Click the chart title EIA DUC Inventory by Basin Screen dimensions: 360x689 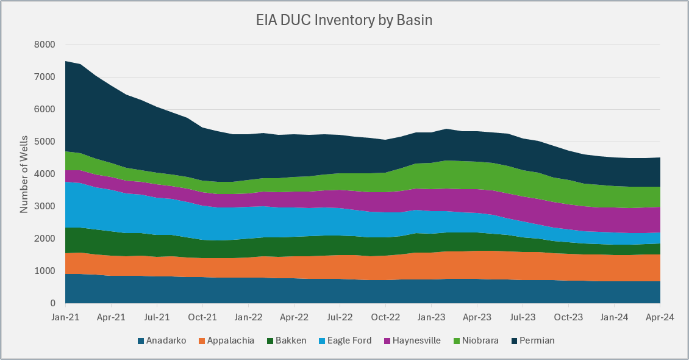coord(344,20)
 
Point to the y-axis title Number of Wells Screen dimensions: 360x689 coord(24,174)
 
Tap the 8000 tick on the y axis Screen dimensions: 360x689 coord(45,45)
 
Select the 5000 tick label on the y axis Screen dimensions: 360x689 coord(45,142)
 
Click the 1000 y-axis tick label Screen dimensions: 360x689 coord(45,271)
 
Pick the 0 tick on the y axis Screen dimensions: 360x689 coord(52,303)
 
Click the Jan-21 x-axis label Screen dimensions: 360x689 coord(65,317)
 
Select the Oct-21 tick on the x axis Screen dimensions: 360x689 coord(202,317)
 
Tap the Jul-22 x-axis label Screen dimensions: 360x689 coord(340,317)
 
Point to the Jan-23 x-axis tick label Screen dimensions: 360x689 coord(431,317)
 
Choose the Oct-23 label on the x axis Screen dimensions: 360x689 coord(568,317)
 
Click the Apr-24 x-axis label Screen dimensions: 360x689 coord(660,317)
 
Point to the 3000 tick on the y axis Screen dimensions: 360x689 coord(45,206)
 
